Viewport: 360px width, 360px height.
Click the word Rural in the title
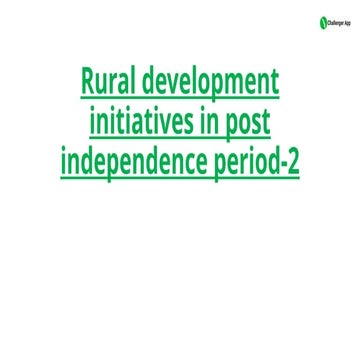coord(107,81)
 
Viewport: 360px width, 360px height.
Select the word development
coord(210,84)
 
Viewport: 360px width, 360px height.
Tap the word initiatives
coord(142,120)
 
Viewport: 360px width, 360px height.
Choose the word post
coord(248,123)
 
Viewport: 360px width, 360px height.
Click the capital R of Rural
coord(88,81)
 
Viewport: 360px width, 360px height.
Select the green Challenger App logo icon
coord(323,23)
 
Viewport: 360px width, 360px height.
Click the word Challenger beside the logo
coord(335,23)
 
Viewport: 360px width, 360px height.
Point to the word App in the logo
coord(347,23)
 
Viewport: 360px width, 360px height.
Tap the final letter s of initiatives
coord(188,124)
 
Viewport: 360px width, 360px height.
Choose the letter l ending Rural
coord(131,81)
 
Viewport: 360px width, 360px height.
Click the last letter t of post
coord(266,122)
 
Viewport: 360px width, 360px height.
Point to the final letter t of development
coord(274,83)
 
